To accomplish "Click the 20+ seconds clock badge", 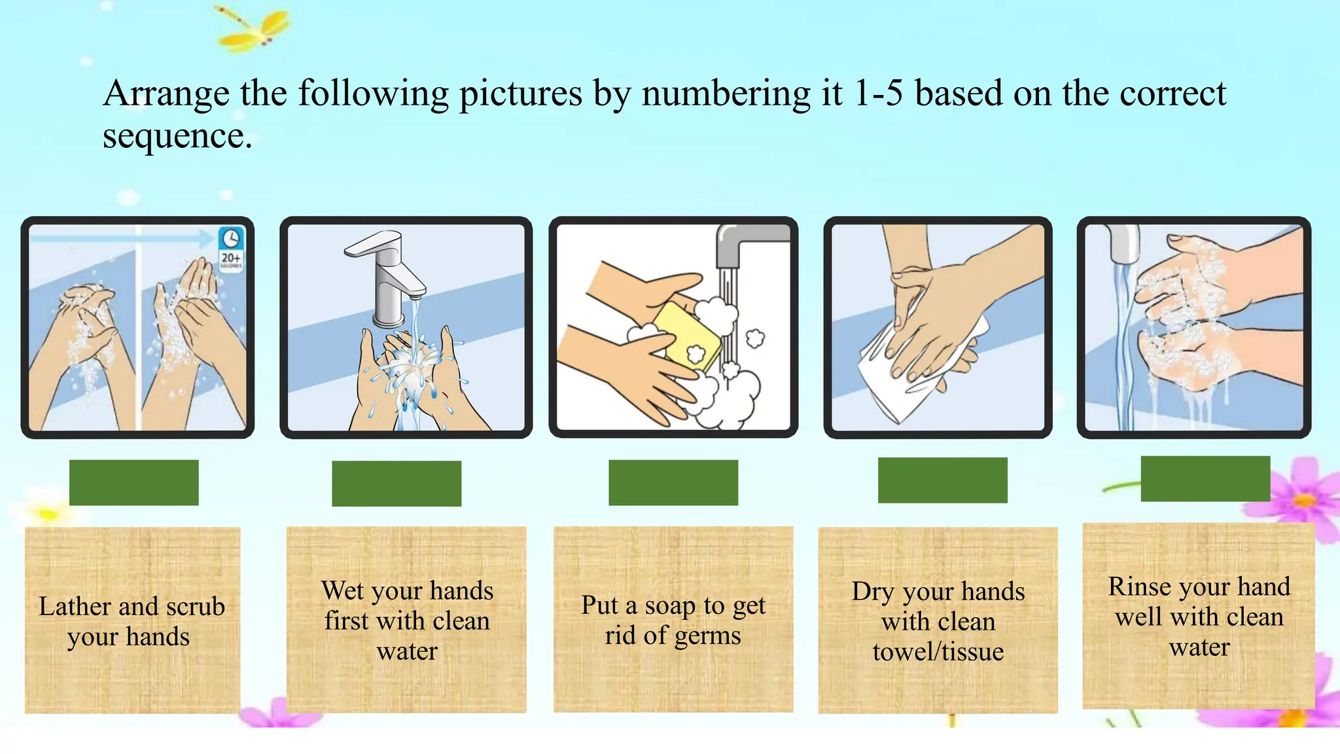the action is (x=231, y=249).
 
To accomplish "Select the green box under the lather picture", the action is (x=134, y=482).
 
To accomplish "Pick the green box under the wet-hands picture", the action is (x=397, y=484).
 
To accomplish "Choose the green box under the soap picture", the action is (x=673, y=482).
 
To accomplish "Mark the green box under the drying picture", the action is (x=943, y=480).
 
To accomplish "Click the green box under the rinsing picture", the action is (x=1206, y=479).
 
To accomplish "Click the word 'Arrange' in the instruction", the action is (x=166, y=94).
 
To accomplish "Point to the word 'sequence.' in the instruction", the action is (x=177, y=136).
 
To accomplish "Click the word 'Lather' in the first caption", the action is (x=79, y=606).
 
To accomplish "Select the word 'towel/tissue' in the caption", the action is (x=938, y=651).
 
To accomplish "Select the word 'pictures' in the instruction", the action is (x=520, y=94).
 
